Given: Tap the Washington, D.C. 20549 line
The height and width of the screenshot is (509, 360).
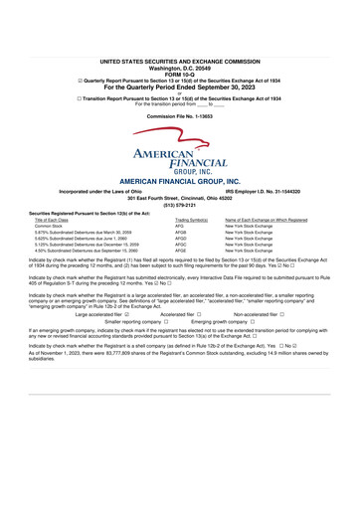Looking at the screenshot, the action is click(x=180, y=38).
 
